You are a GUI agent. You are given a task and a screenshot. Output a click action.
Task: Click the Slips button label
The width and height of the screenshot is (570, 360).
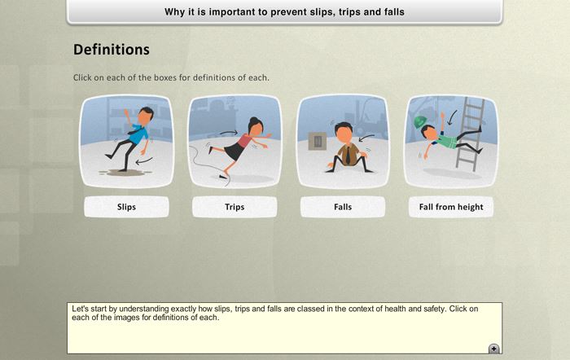(126, 207)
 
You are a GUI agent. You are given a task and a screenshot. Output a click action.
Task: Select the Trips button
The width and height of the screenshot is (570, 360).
(235, 207)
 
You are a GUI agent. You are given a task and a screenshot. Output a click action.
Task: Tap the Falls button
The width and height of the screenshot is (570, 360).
(343, 207)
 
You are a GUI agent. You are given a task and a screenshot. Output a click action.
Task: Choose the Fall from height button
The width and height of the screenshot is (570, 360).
(451, 207)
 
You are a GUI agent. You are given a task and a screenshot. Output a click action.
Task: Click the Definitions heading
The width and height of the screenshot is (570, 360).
(112, 50)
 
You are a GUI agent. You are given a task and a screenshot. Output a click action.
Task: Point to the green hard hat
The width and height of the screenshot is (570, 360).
(420, 121)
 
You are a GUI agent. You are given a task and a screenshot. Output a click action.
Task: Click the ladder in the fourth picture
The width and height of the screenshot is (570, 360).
(470, 134)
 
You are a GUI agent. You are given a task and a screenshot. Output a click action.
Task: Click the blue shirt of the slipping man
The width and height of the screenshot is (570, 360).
(138, 134)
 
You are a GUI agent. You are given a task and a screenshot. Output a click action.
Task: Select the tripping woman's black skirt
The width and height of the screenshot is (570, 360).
(234, 151)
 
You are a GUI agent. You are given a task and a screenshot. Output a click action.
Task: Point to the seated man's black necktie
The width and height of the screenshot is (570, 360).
(348, 155)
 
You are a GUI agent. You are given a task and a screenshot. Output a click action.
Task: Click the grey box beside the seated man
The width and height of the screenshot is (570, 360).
(318, 141)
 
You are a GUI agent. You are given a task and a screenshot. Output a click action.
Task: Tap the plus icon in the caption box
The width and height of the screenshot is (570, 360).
(493, 349)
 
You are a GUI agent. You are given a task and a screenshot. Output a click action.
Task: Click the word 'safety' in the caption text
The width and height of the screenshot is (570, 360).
(434, 309)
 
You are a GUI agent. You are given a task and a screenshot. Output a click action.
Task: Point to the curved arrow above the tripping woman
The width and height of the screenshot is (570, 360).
(228, 133)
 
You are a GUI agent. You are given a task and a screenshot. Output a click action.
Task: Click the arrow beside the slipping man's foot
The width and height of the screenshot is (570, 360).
(144, 160)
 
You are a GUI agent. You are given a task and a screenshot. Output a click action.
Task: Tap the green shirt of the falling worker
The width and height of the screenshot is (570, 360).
(445, 141)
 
